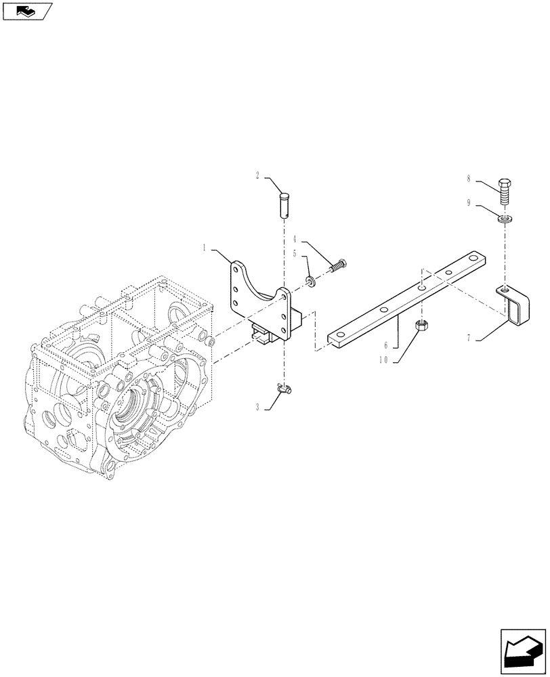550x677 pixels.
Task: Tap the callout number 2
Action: (258, 176)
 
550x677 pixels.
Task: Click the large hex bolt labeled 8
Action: (504, 192)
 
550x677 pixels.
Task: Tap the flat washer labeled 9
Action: (504, 219)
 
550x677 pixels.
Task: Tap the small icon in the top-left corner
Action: (27, 11)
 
